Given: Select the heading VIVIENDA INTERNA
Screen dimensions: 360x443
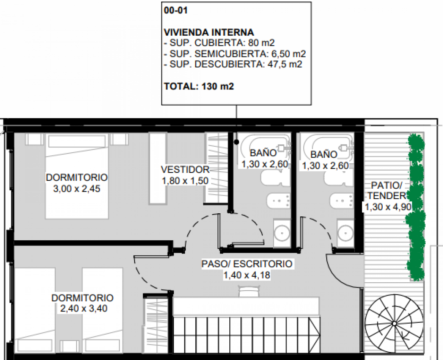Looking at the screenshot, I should [209, 32].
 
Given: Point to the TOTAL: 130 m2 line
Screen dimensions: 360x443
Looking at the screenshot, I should [199, 86].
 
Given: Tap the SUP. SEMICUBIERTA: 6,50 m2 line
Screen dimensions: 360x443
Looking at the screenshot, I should [235, 54].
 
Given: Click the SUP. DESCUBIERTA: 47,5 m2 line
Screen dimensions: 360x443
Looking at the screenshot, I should [233, 64].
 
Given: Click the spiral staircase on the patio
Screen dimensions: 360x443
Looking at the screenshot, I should [394, 323].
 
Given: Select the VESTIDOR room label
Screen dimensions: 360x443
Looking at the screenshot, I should [185, 169].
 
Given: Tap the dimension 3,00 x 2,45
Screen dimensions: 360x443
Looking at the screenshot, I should [77, 188].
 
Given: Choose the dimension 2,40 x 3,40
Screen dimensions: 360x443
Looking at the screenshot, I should [83, 309].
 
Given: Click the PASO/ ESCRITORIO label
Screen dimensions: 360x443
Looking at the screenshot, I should [247, 264].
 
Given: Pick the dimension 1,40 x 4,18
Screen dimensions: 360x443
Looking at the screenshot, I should [247, 275].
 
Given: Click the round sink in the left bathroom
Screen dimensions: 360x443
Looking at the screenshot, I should [282, 232].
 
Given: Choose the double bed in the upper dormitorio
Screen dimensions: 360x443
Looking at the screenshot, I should [77, 176].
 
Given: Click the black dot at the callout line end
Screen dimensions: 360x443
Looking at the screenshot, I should [236, 142].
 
